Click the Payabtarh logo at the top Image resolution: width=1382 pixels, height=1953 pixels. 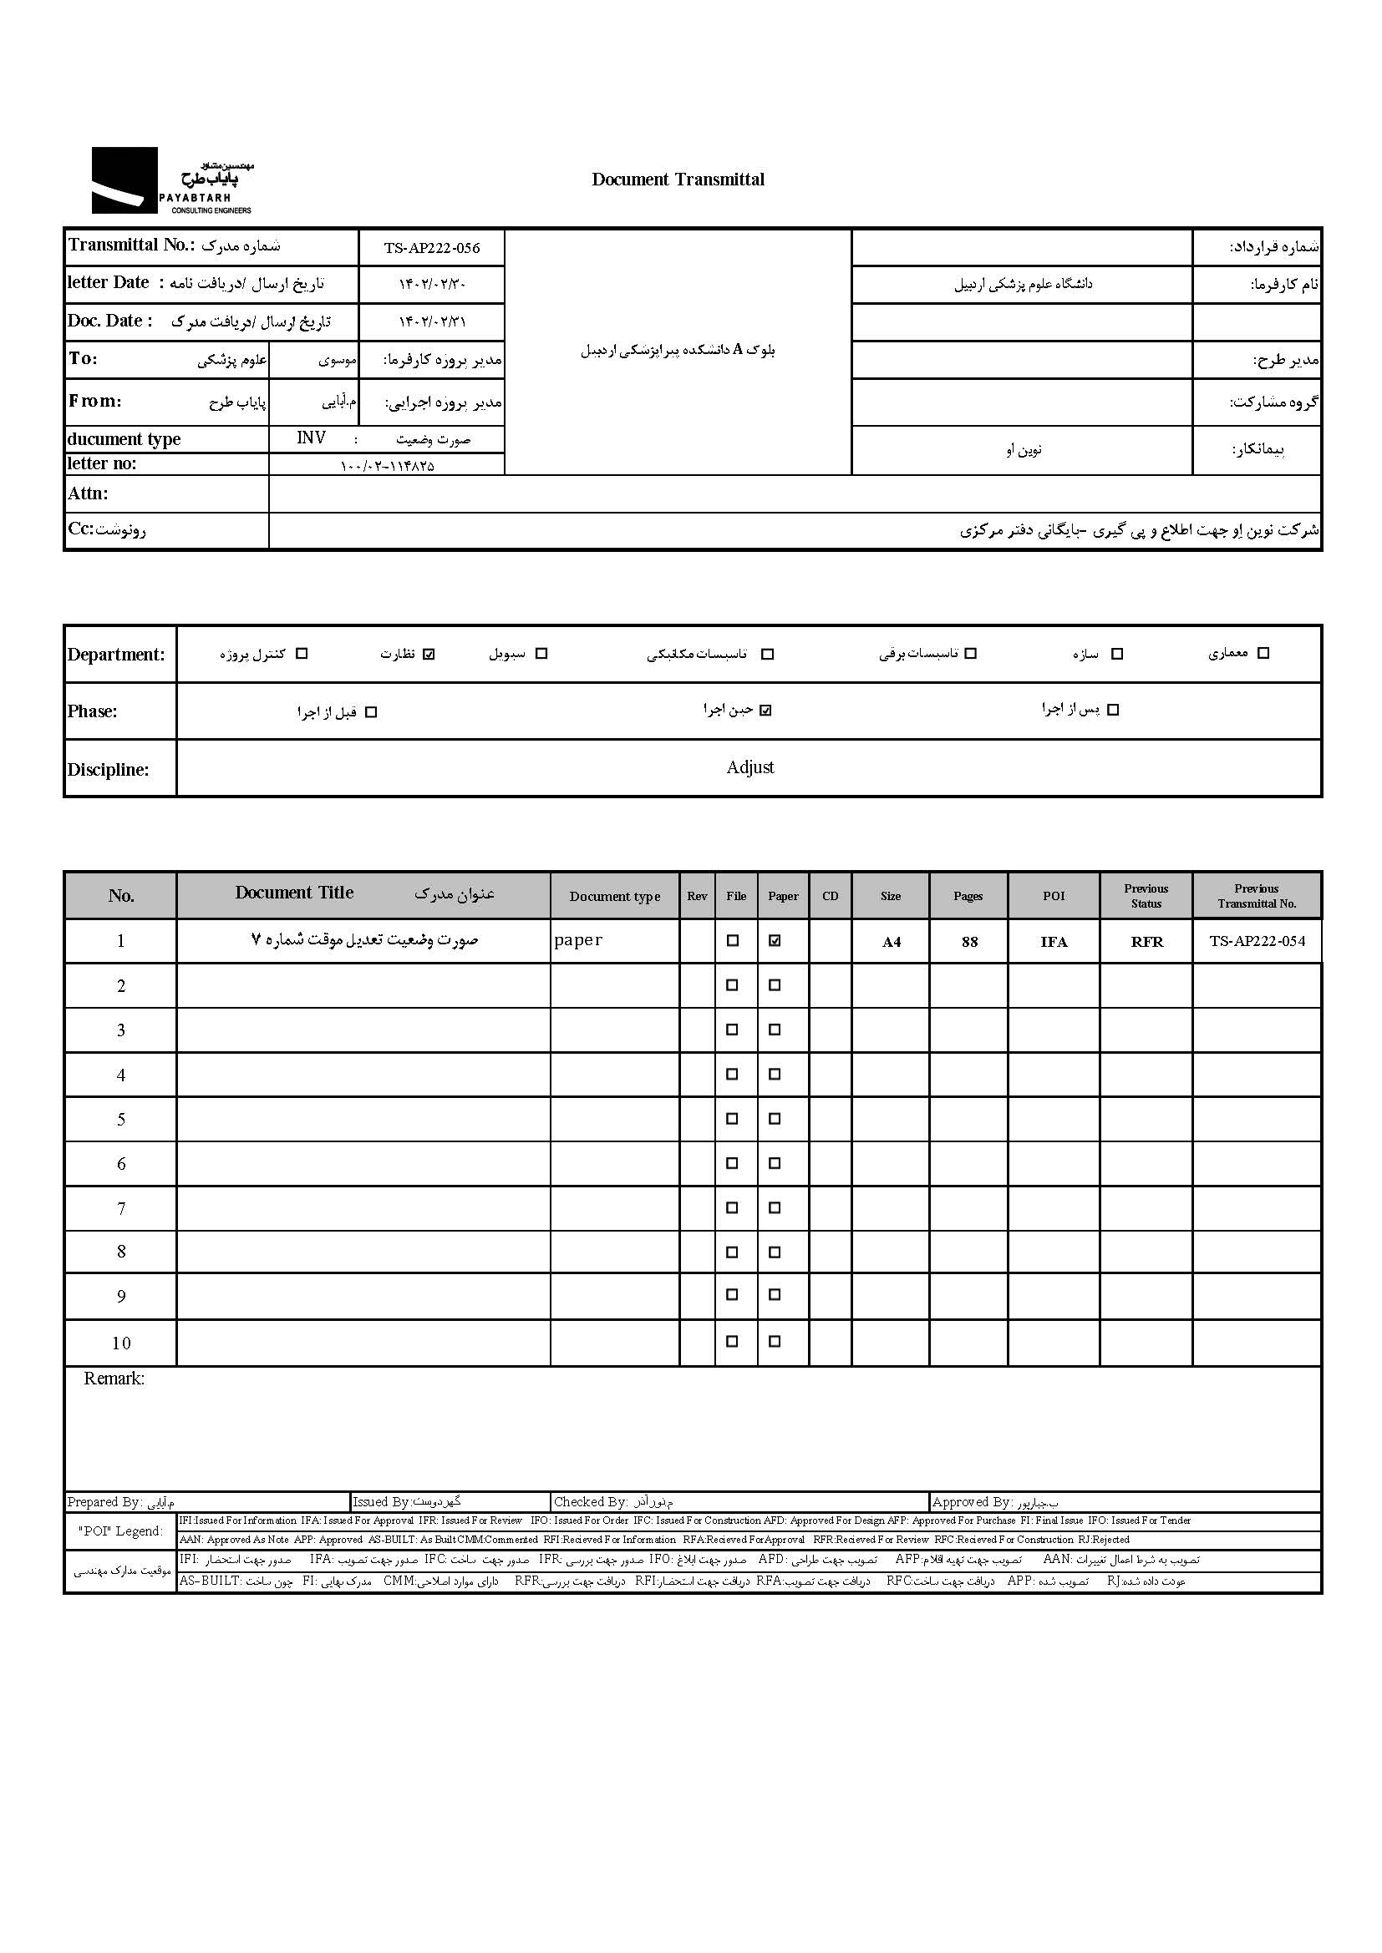[172, 180]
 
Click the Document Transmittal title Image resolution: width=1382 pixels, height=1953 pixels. [678, 180]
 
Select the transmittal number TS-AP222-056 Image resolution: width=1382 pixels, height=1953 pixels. [431, 248]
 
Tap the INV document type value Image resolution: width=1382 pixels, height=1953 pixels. [311, 438]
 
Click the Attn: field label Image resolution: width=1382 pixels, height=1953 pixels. [88, 493]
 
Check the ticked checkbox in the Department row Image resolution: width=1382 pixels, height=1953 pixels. [429, 654]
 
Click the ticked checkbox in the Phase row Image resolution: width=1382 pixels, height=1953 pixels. [765, 711]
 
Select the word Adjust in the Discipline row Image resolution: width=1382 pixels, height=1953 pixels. [749, 767]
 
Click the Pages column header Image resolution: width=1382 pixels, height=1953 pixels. [968, 896]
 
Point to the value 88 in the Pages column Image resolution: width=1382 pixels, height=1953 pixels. [969, 942]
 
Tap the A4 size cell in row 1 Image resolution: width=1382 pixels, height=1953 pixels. [891, 942]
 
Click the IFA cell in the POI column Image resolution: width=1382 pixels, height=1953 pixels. [1054, 942]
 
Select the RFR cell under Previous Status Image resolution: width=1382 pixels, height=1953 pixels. [1146, 942]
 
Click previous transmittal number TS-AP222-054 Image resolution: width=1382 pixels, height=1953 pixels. [1257, 941]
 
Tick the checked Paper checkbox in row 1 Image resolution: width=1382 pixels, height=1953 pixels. [775, 941]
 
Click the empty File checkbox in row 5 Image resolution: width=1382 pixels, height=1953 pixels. [732, 1119]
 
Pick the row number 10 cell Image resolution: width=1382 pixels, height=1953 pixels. [121, 1343]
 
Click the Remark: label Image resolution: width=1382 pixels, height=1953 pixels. [114, 1379]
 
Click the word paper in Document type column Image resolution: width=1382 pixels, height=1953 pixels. [578, 940]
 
